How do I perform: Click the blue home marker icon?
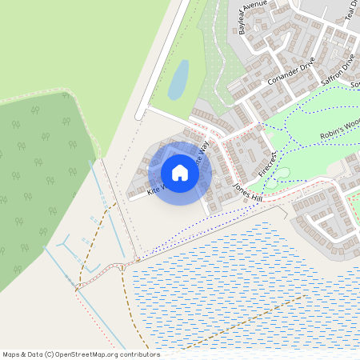(180, 172)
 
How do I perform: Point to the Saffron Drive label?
(337, 70)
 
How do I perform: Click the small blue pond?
(178, 79)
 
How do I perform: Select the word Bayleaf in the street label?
(246, 25)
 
